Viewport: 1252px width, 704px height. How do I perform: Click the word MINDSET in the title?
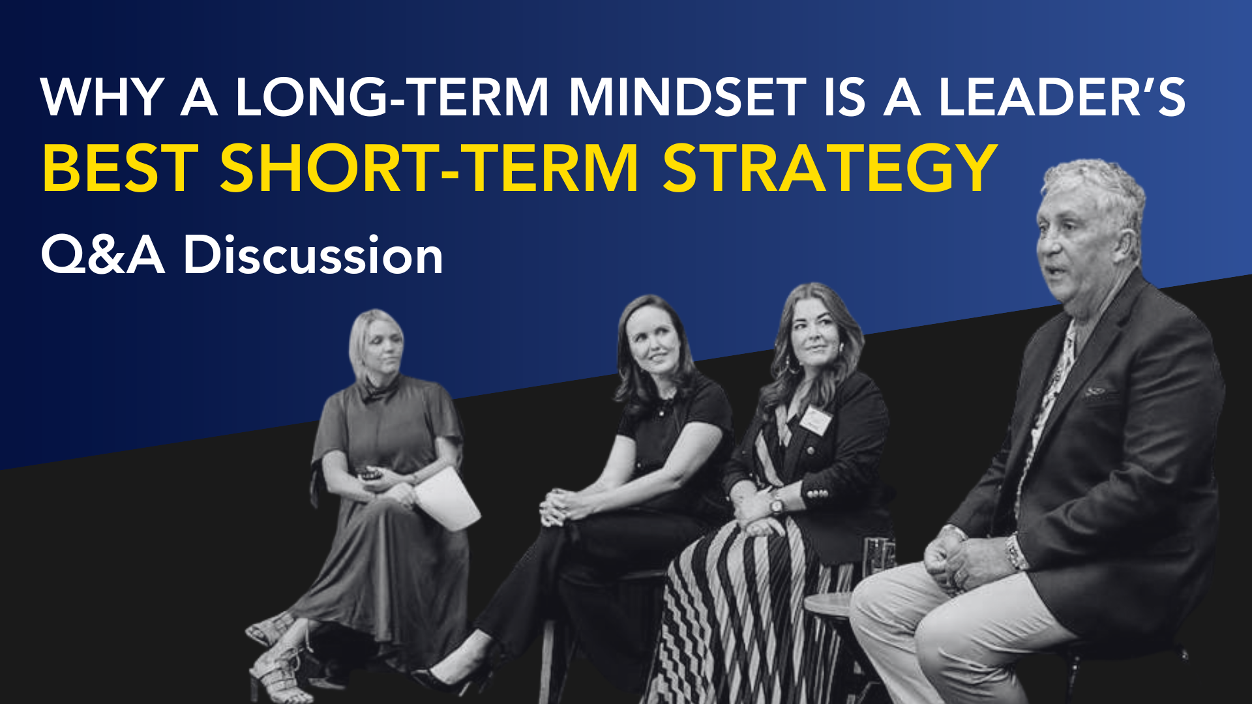coord(687,98)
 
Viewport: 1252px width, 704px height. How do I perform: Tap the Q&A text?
coord(103,255)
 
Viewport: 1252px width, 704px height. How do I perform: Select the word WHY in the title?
coord(102,98)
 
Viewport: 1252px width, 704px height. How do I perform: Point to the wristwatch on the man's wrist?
coord(1016,551)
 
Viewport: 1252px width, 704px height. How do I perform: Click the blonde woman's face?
coord(384,349)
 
